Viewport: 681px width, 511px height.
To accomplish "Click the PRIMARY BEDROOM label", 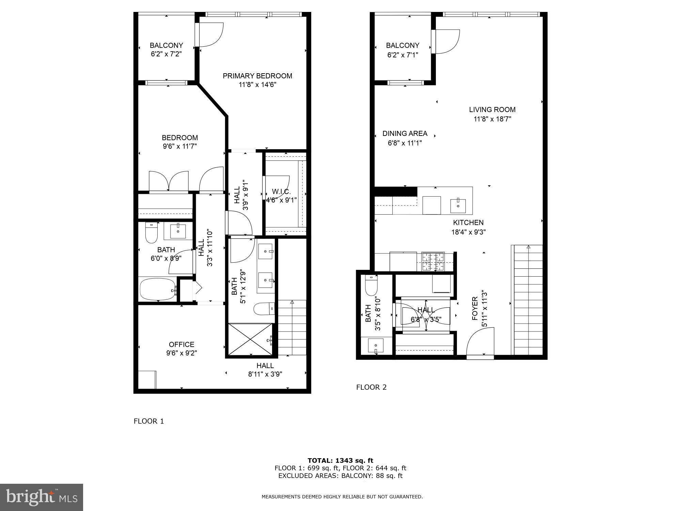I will [x=257, y=76].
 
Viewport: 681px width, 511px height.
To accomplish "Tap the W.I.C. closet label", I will [x=281, y=192].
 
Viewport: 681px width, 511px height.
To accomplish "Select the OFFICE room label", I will [x=181, y=344].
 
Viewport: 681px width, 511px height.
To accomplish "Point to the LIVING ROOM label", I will [x=492, y=110].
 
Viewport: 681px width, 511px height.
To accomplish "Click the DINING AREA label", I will [x=405, y=134].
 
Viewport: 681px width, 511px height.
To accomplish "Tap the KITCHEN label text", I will [x=468, y=222].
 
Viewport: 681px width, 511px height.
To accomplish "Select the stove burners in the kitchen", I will [x=433, y=262].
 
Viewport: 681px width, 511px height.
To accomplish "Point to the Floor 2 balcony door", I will [x=446, y=42].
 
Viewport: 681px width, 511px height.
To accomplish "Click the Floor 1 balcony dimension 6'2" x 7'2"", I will [x=166, y=54].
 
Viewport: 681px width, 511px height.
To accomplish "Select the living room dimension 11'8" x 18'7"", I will [x=492, y=119].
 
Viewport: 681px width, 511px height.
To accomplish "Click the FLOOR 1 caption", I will [x=149, y=421].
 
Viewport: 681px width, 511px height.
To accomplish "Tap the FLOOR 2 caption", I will [x=371, y=387].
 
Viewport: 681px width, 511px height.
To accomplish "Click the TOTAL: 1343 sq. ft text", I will [x=340, y=461].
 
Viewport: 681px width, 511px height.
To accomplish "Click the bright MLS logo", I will [x=42, y=497].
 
